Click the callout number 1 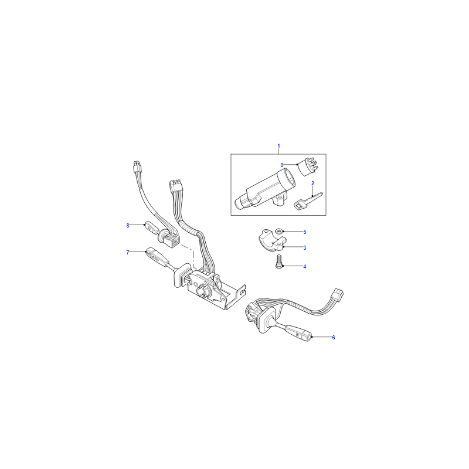pos(279,146)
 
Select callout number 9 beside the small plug pos(282,165)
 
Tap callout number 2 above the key pos(312,183)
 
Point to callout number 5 pos(305,232)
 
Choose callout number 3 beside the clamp pos(305,247)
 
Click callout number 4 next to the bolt pos(305,267)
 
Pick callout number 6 pos(334,338)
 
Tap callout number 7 pos(128,253)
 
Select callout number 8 pos(128,226)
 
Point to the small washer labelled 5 pos(279,231)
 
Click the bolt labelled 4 pos(279,261)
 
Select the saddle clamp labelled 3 pos(273,240)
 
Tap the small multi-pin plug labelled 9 pos(307,167)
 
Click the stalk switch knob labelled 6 pos(299,332)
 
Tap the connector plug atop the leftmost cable pos(137,168)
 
